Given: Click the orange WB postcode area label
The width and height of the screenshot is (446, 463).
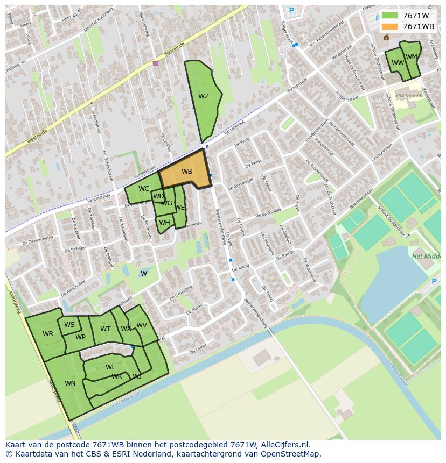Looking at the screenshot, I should (x=186, y=172).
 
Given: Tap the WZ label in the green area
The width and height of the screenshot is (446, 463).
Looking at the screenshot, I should (x=203, y=97).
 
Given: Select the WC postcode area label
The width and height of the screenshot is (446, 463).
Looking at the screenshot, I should (x=144, y=189).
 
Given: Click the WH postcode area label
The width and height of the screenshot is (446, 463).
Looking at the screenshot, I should (x=164, y=223).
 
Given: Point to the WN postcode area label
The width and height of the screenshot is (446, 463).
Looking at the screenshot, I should (x=70, y=383).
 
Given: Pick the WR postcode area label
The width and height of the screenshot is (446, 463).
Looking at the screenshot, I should (x=48, y=334).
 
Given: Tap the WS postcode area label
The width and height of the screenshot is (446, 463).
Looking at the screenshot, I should (x=69, y=325).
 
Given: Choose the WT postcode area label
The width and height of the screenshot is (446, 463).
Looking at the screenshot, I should (x=105, y=329).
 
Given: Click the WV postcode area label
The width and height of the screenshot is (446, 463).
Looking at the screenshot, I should (x=142, y=325).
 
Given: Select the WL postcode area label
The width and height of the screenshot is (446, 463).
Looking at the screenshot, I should (x=110, y=367).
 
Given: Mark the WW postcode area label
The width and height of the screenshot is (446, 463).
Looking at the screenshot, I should (x=398, y=63).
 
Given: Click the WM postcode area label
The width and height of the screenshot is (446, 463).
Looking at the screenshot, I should (x=412, y=57).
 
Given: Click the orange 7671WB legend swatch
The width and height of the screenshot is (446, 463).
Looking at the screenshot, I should (x=389, y=26).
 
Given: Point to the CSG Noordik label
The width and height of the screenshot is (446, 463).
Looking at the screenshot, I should (x=409, y=96).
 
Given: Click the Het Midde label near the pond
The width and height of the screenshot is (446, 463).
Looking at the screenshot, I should (x=426, y=257).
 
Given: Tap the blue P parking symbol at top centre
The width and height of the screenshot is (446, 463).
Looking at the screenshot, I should (x=291, y=10).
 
